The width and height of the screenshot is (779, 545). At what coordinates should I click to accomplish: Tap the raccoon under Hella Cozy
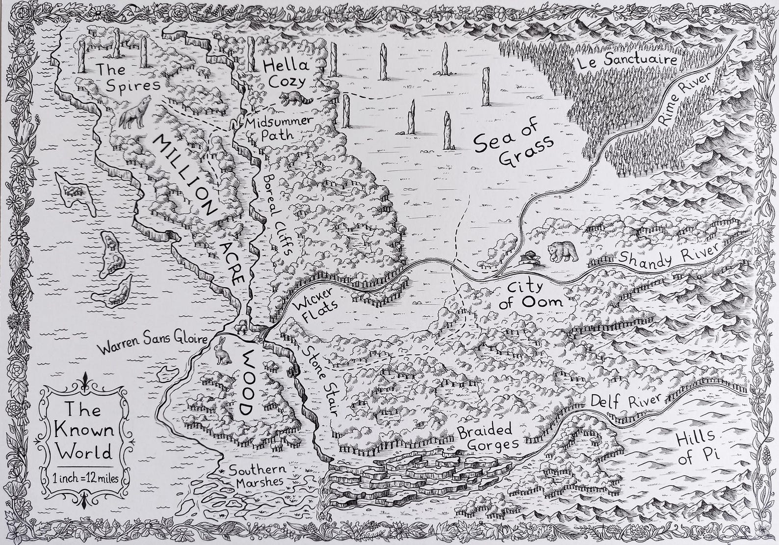pyautogui.click(x=296, y=98)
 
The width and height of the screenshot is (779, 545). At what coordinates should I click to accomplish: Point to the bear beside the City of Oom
pyautogui.click(x=562, y=252)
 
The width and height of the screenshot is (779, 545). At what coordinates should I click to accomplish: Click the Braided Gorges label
pyautogui.click(x=487, y=437)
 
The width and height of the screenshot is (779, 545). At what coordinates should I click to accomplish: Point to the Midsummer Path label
pyautogui.click(x=277, y=128)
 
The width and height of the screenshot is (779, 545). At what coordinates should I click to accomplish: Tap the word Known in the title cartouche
pyautogui.click(x=84, y=430)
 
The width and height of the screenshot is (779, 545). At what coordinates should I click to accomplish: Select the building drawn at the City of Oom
pyautogui.click(x=530, y=257)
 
